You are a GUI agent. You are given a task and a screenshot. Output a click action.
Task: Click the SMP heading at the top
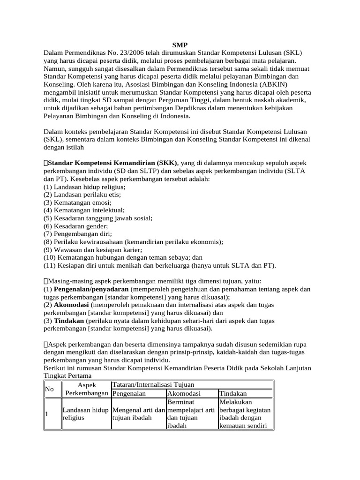click(x=180, y=45)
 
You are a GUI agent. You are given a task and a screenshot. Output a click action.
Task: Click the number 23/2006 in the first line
click(x=122, y=53)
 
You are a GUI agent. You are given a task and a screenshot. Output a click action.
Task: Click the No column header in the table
click(x=49, y=389)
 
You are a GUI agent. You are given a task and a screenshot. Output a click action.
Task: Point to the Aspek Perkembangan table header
click(x=86, y=389)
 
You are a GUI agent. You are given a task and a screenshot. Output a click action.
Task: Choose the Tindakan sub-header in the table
click(x=233, y=394)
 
